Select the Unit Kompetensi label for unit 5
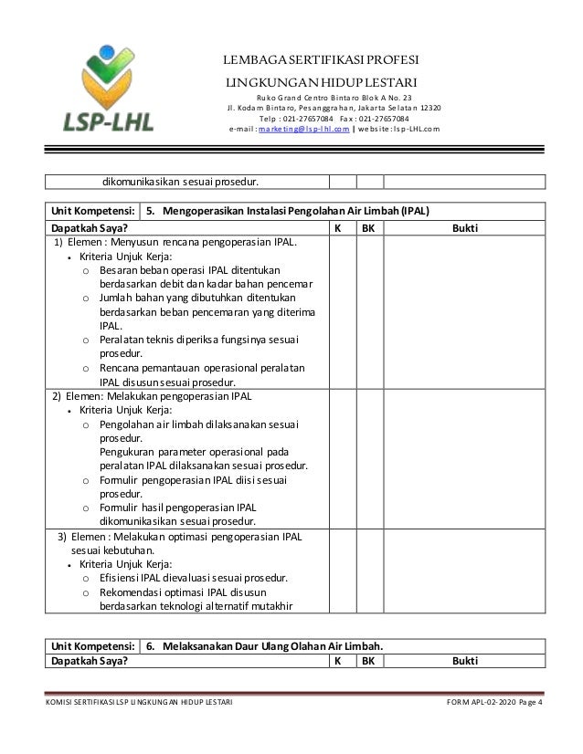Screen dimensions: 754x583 (x=93, y=208)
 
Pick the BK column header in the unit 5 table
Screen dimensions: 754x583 (x=368, y=227)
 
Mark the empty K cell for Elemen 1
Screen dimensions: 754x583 (x=341, y=311)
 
